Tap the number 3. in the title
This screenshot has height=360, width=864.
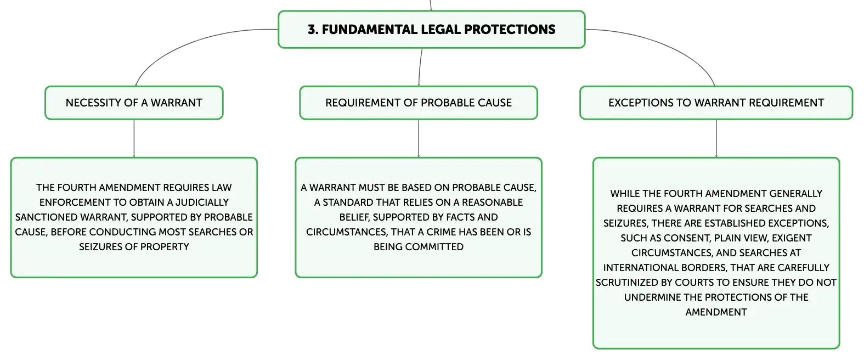(x=313, y=29)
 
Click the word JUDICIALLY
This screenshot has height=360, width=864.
(x=202, y=202)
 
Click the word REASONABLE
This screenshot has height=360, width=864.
(x=492, y=202)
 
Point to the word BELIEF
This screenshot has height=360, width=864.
(x=354, y=217)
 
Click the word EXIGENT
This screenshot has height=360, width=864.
(x=792, y=238)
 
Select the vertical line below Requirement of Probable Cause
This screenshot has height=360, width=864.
(x=419, y=138)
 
